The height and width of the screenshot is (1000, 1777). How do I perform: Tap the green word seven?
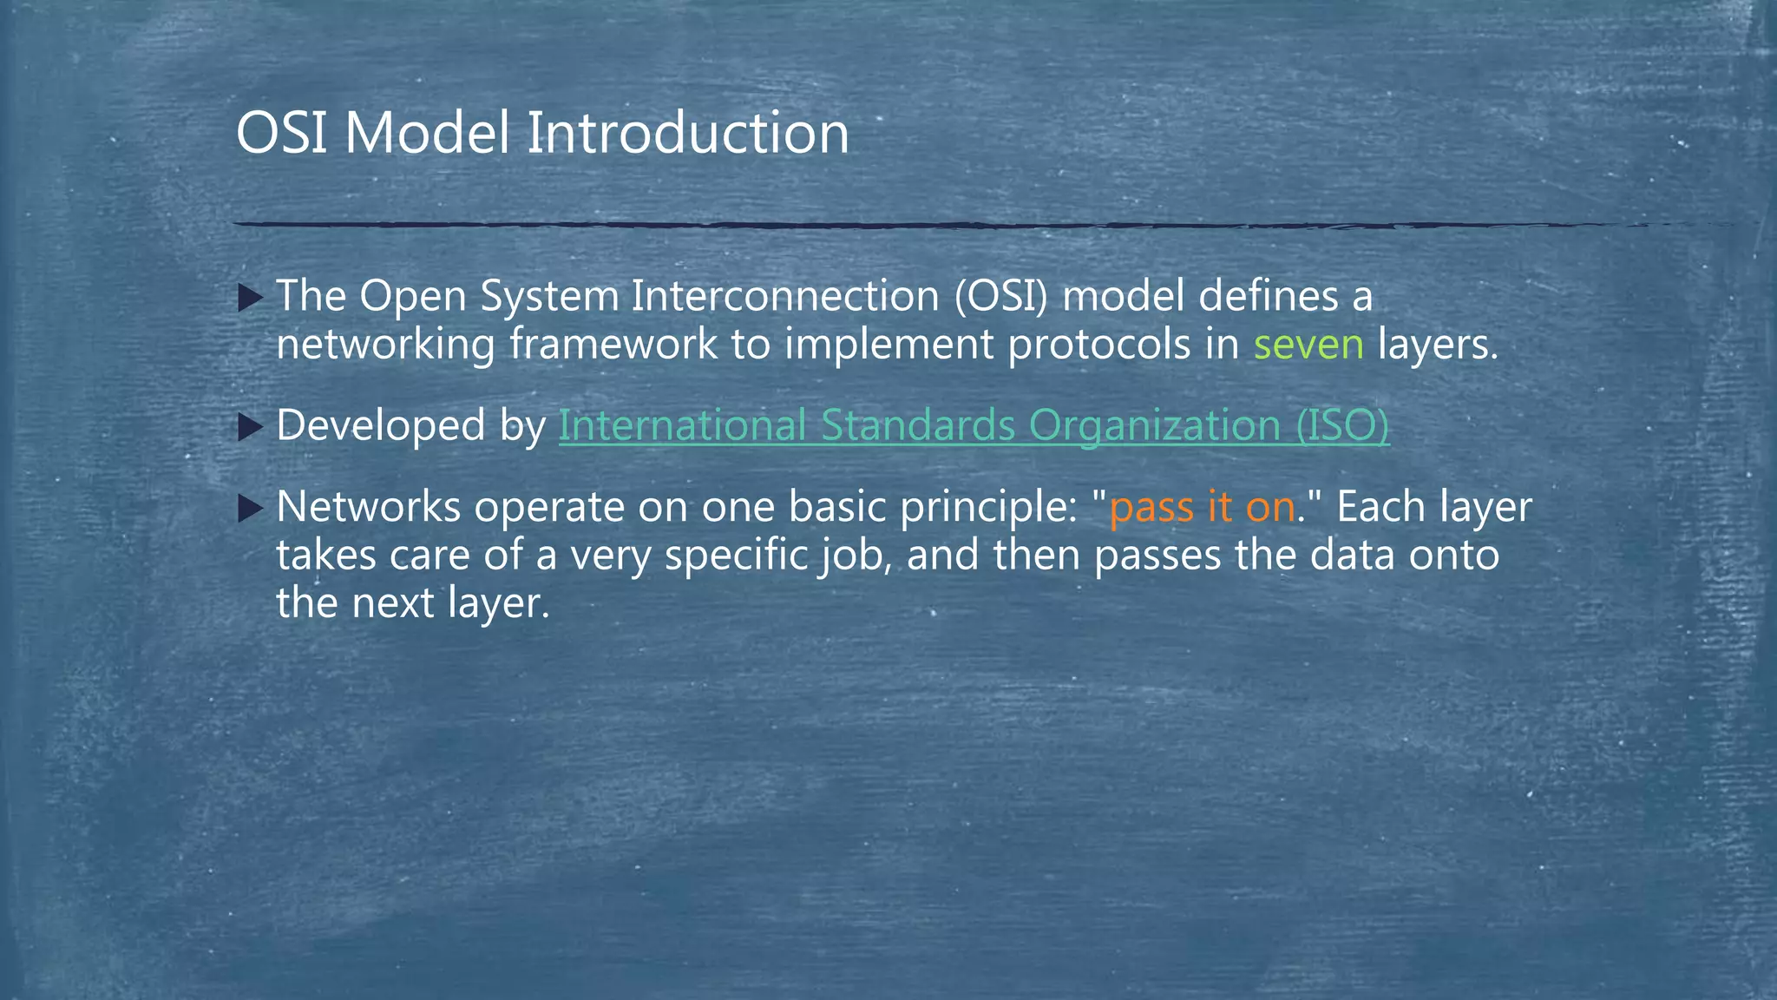1308,345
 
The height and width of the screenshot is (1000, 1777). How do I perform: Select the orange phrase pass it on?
1202,507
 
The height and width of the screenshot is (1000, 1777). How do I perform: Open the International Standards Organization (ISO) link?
974,426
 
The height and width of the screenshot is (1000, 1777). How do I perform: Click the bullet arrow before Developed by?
250,426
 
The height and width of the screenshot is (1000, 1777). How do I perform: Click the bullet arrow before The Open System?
250,299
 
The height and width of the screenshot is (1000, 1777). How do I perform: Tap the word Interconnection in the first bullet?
784,297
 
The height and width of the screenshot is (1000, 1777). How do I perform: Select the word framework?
613,345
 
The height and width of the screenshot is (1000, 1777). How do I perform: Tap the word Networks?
368,507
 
